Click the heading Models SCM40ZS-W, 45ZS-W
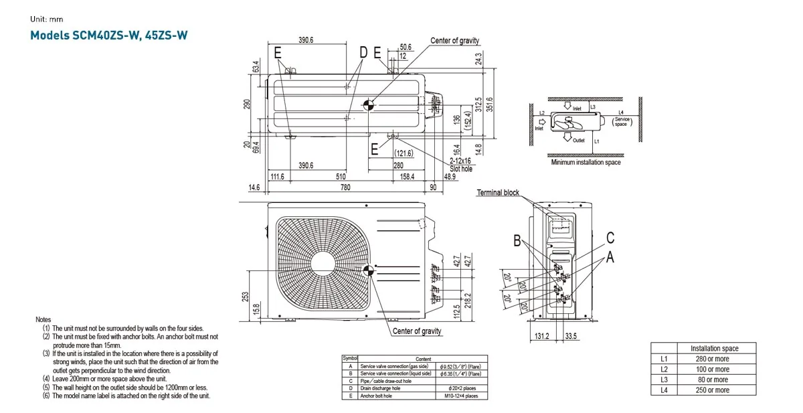click(x=109, y=35)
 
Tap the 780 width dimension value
click(x=345, y=188)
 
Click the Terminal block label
click(x=497, y=193)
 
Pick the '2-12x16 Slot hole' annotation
click(x=460, y=165)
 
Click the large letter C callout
click(x=610, y=238)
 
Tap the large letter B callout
click(x=517, y=242)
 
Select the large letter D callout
click(x=363, y=52)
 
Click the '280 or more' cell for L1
click(x=713, y=359)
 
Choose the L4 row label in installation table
click(x=664, y=390)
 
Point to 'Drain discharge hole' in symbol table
click(x=380, y=388)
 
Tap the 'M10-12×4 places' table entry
click(x=461, y=396)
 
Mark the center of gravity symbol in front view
click(x=367, y=270)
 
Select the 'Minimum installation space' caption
click(x=586, y=163)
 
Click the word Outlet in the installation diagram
click(x=579, y=141)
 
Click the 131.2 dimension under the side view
click(x=542, y=336)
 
